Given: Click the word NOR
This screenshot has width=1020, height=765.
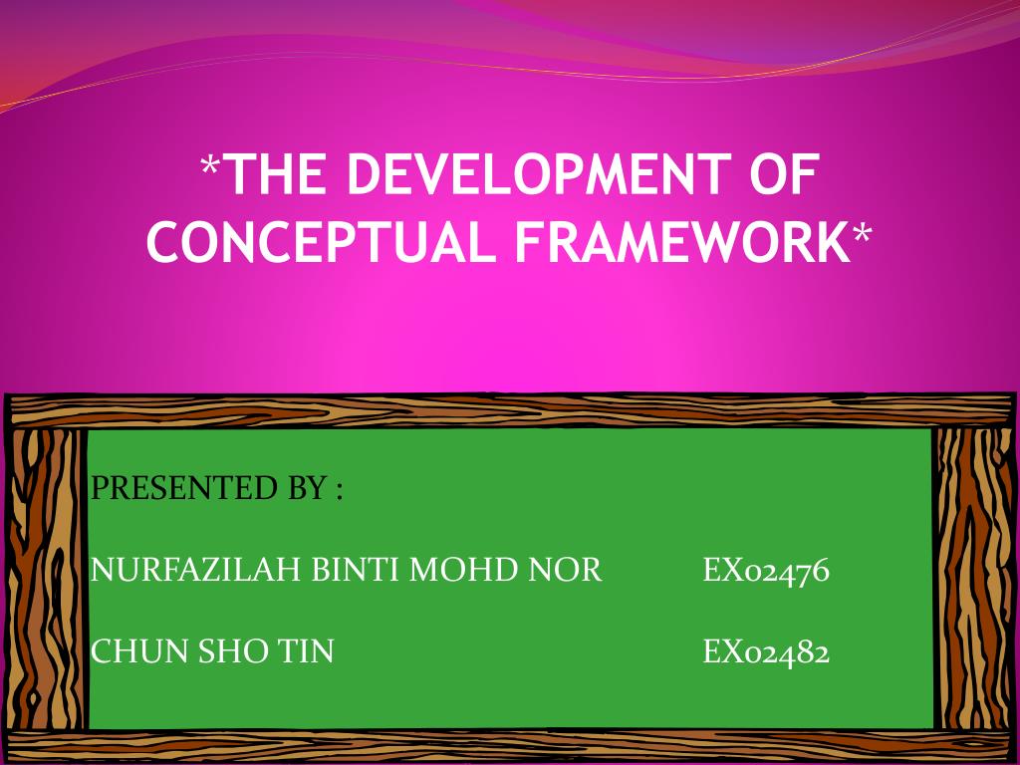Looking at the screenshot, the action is point(565,570).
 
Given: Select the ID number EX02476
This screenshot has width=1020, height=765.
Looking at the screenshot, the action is point(766,571).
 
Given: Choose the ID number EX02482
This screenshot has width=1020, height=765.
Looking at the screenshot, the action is point(766,651).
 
